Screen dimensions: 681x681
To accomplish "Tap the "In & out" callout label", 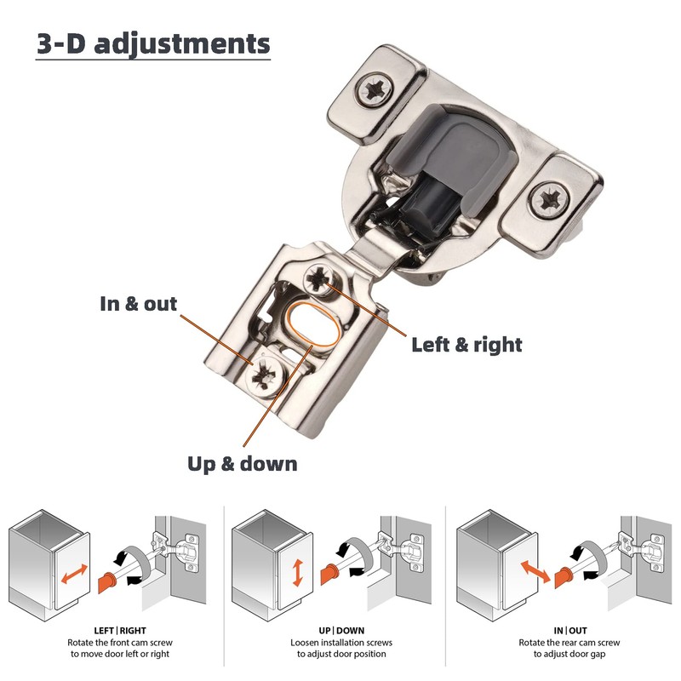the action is (138, 304).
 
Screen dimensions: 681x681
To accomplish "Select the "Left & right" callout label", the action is (466, 345).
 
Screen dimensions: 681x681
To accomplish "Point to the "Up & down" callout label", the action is (243, 464).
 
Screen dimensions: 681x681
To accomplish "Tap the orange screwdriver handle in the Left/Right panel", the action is (107, 582).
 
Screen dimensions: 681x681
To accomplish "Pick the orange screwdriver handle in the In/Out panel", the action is (562, 579).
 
